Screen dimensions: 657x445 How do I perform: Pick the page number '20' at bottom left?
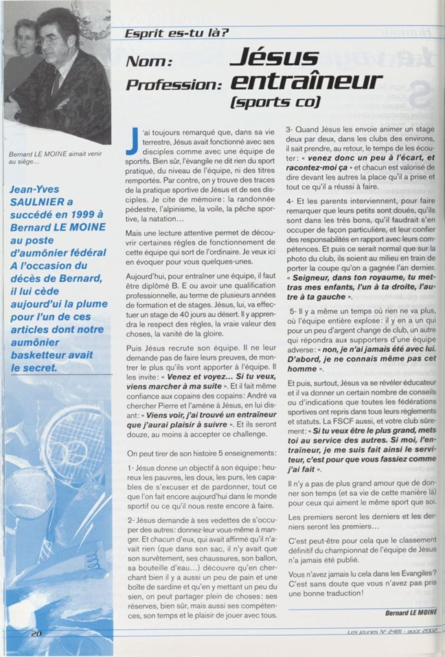coord(36,634)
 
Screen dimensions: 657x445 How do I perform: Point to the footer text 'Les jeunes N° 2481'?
coord(374,632)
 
